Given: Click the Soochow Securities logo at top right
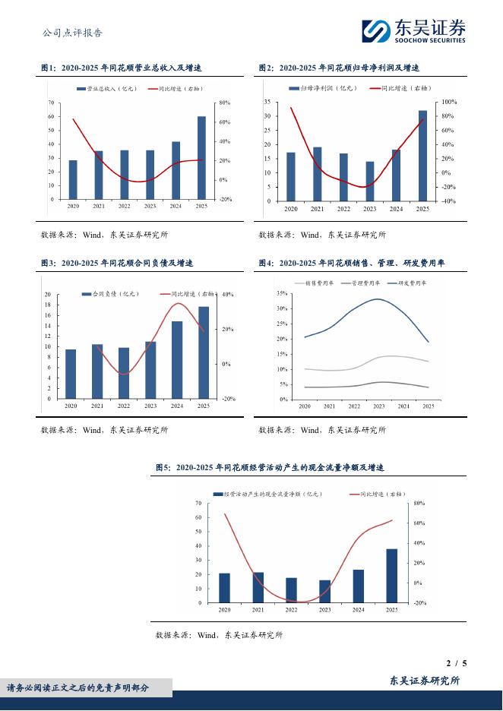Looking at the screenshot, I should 413,30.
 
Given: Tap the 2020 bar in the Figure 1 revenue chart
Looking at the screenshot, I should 73,180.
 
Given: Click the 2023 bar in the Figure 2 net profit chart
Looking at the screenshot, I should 370,182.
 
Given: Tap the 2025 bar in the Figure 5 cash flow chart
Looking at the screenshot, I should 391,576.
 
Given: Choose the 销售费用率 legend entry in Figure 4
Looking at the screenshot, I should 320,283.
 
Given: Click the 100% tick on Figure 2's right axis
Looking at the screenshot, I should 448,102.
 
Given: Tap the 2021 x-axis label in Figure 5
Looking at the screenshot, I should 258,610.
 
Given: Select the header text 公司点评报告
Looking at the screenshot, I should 72,33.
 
